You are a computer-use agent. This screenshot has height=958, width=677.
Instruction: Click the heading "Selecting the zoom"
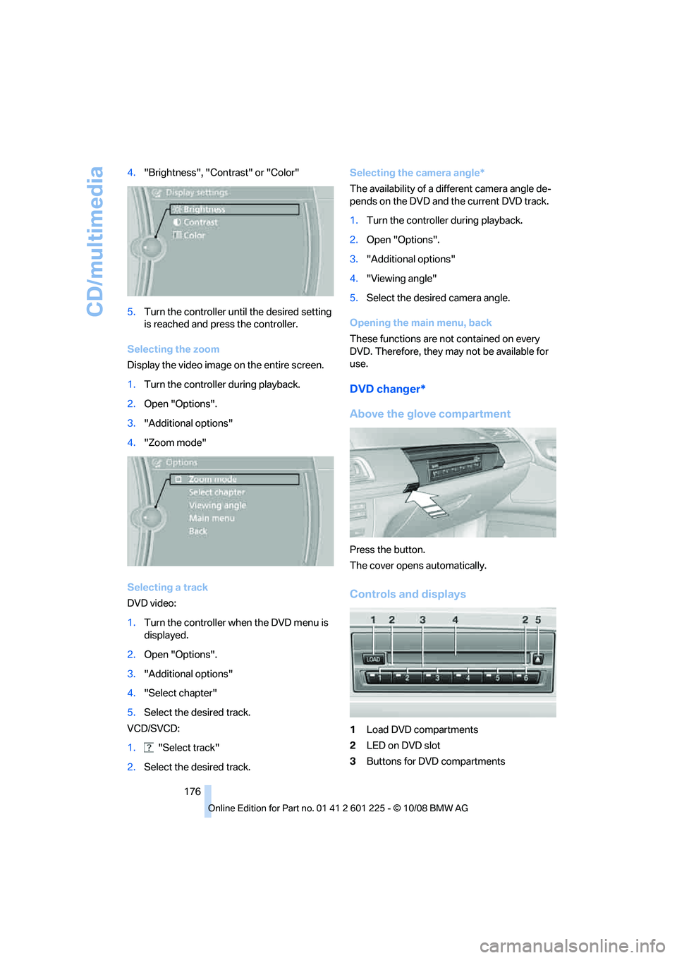click(x=173, y=349)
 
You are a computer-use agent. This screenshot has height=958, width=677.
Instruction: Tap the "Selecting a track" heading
click(x=167, y=587)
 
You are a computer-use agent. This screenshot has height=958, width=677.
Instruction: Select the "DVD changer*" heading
click(x=387, y=389)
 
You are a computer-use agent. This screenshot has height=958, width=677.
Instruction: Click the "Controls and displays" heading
click(x=408, y=594)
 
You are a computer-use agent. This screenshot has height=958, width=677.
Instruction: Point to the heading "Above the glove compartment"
click(x=429, y=414)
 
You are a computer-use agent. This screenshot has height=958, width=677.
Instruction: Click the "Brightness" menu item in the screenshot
click(x=204, y=210)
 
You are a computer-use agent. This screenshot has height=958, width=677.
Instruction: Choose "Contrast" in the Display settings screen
click(x=200, y=222)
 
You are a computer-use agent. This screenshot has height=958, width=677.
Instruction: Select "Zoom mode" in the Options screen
click(x=212, y=480)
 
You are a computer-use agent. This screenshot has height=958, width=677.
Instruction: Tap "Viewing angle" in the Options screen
click(x=217, y=506)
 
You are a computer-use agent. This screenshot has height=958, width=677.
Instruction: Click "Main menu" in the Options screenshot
click(x=212, y=519)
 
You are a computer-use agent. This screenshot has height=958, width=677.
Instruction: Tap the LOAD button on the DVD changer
click(x=373, y=660)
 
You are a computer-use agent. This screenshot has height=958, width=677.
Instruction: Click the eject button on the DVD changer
click(x=538, y=660)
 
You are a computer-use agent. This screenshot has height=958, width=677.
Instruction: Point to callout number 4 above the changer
click(x=455, y=620)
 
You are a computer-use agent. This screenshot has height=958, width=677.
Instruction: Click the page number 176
click(x=193, y=792)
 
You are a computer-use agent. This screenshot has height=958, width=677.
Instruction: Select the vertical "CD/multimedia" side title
click(x=95, y=241)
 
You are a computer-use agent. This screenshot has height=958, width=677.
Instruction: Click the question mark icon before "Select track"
click(x=149, y=748)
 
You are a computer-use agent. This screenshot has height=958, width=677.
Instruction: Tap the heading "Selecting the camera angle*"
click(x=417, y=173)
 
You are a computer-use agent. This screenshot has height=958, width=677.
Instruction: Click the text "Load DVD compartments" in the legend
click(x=422, y=729)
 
